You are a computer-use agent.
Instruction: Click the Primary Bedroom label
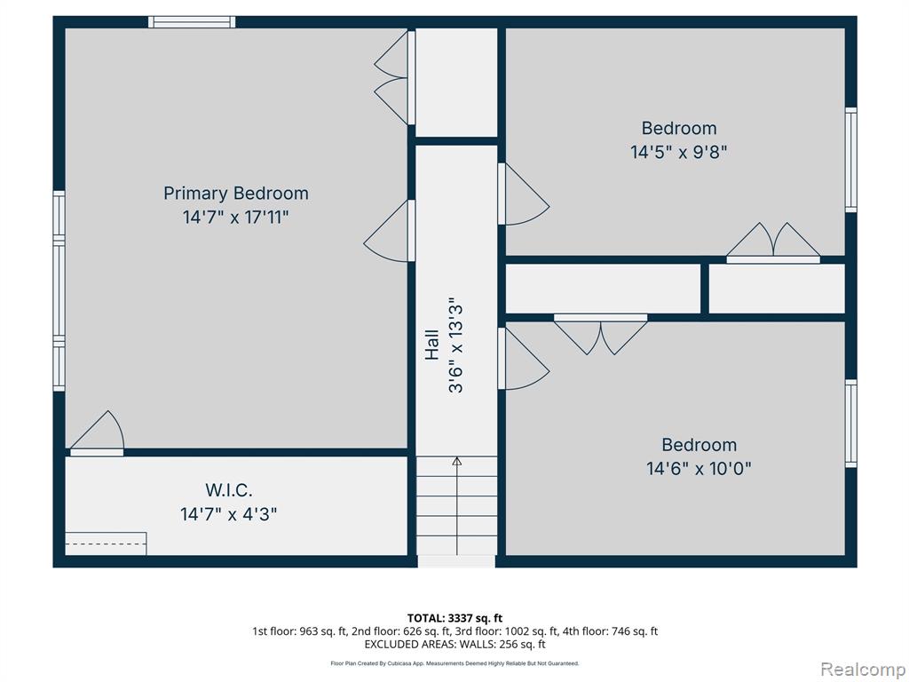pos(235,193)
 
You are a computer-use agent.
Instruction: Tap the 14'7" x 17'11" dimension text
pos(235,218)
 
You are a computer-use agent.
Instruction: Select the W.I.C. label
pos(228,490)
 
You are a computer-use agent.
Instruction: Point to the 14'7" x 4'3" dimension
pos(228,514)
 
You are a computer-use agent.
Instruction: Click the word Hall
pos(432,345)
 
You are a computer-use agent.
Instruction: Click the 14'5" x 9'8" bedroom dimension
pos(679,152)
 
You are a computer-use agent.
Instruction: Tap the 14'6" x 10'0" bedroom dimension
pos(699,469)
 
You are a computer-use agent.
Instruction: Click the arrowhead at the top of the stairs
pos(457,461)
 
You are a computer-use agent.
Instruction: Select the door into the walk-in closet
pos(97,433)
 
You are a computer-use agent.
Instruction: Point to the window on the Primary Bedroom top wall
pos(192,22)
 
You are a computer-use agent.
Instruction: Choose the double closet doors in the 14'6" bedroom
pos(601,334)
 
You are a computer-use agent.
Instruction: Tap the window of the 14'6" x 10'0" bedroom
pos(850,424)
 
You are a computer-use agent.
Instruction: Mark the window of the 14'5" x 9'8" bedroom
pos(850,160)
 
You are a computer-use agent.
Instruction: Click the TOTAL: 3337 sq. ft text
pos(454,618)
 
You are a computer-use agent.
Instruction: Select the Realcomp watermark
pos(862,669)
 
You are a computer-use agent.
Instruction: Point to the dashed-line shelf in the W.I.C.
pos(106,543)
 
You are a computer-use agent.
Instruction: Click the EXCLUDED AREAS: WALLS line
pos(454,645)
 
